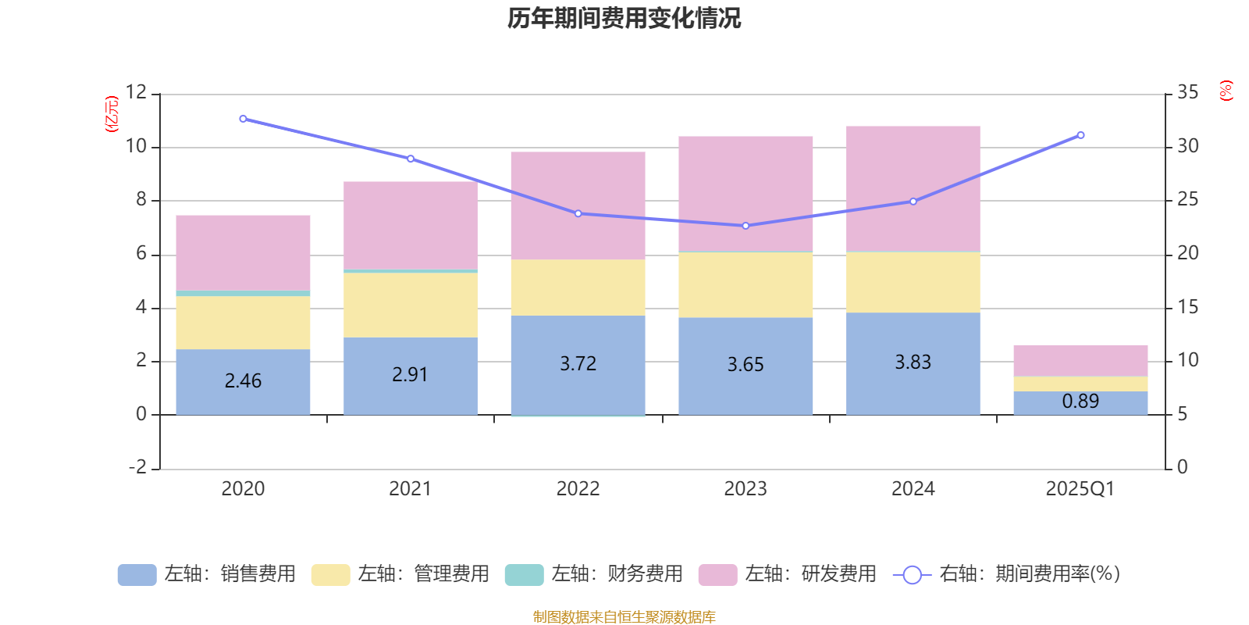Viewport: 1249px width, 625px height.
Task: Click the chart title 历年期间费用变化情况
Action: point(624,18)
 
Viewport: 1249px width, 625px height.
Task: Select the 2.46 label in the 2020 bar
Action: point(243,380)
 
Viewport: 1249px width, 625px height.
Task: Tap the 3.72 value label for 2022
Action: point(578,363)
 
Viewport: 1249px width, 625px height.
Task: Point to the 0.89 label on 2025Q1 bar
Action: point(1080,401)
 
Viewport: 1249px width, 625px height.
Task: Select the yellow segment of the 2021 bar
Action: point(410,305)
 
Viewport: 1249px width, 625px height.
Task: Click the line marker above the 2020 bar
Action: point(243,119)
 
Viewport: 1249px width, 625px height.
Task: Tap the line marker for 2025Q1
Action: point(1080,135)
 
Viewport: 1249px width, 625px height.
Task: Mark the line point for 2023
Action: point(745,226)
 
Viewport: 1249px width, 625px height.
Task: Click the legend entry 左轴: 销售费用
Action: point(207,574)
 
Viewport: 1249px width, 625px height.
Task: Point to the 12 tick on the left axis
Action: point(137,92)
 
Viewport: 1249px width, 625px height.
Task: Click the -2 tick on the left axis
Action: point(137,467)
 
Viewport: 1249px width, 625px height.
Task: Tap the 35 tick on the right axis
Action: point(1187,92)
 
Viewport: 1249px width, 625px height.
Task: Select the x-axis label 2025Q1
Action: point(1080,489)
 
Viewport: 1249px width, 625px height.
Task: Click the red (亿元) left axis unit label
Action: point(112,114)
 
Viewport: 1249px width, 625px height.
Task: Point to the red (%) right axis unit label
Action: point(1226,91)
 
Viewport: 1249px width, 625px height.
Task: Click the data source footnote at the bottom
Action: point(624,617)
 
